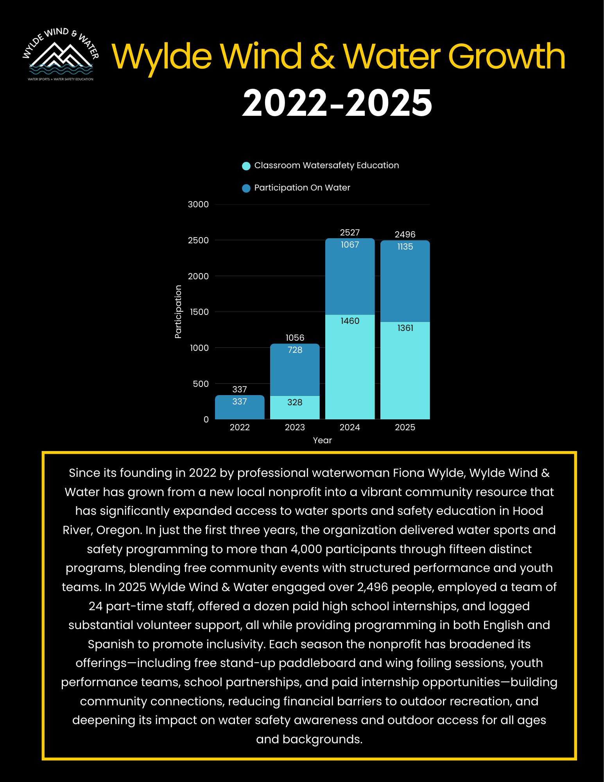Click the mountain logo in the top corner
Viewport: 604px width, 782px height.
(61, 55)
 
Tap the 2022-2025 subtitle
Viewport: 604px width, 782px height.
(337, 103)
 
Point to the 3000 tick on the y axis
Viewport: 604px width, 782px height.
(198, 204)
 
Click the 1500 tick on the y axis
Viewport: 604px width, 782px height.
(199, 312)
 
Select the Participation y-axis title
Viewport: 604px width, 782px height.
(178, 311)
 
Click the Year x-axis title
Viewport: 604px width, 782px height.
(322, 440)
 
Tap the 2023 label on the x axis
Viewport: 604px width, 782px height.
(295, 427)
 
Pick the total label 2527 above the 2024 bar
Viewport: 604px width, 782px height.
(349, 232)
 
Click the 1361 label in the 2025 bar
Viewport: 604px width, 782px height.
(405, 328)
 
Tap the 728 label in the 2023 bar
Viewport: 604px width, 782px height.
(295, 350)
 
